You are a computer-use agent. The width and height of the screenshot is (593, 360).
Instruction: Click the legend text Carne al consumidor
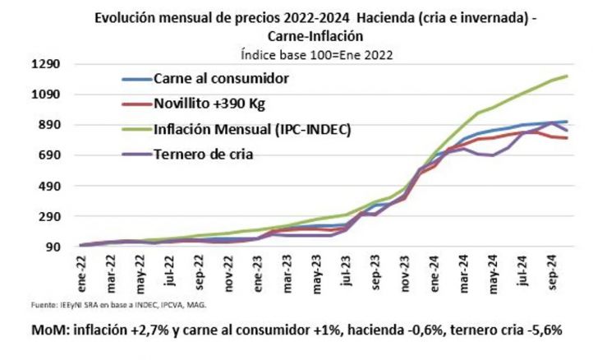click(221, 79)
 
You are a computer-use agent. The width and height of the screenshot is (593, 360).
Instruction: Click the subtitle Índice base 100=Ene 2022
click(315, 55)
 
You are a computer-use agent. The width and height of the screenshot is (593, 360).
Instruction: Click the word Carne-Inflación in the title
click(315, 36)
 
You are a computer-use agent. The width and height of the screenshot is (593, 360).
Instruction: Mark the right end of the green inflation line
click(567, 76)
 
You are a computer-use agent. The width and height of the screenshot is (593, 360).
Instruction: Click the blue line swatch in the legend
click(131, 79)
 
